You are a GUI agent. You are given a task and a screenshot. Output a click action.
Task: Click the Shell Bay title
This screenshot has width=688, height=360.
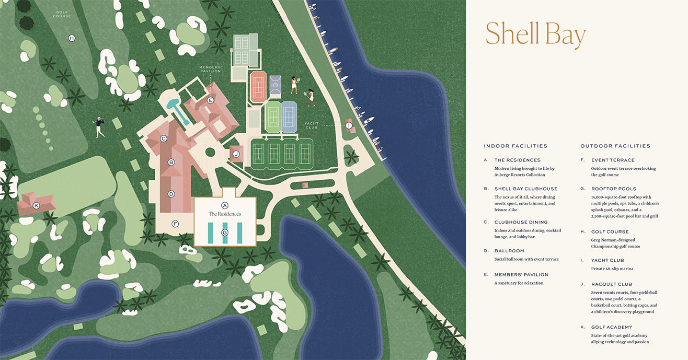(535, 35)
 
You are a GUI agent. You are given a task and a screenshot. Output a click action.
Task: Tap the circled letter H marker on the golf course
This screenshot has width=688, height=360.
(72, 38)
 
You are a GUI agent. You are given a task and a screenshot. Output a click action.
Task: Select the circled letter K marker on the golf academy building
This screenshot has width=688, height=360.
(37, 205)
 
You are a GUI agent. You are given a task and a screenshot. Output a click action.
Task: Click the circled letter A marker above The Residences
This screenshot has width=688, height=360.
(225, 205)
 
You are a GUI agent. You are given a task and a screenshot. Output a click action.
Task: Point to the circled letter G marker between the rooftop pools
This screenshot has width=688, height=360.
(225, 233)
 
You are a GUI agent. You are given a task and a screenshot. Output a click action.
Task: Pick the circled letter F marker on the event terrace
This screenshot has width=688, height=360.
(176, 224)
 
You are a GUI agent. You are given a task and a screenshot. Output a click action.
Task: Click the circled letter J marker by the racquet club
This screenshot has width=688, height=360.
(236, 154)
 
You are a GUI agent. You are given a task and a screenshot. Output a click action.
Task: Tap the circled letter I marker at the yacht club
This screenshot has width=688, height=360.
(349, 125)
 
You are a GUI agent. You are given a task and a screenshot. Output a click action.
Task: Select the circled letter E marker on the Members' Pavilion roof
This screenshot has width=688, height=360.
(211, 100)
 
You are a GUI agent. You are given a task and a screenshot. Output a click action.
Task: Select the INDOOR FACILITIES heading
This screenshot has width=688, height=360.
(515, 146)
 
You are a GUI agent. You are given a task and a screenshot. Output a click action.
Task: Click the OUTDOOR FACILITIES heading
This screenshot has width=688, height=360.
(615, 146)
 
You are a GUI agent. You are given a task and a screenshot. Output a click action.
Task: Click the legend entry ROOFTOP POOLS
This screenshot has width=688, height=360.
(614, 189)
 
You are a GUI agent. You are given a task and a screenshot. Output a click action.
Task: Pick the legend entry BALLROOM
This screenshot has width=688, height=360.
(509, 251)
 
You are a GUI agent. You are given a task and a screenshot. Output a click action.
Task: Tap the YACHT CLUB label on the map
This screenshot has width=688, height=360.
(312, 126)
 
